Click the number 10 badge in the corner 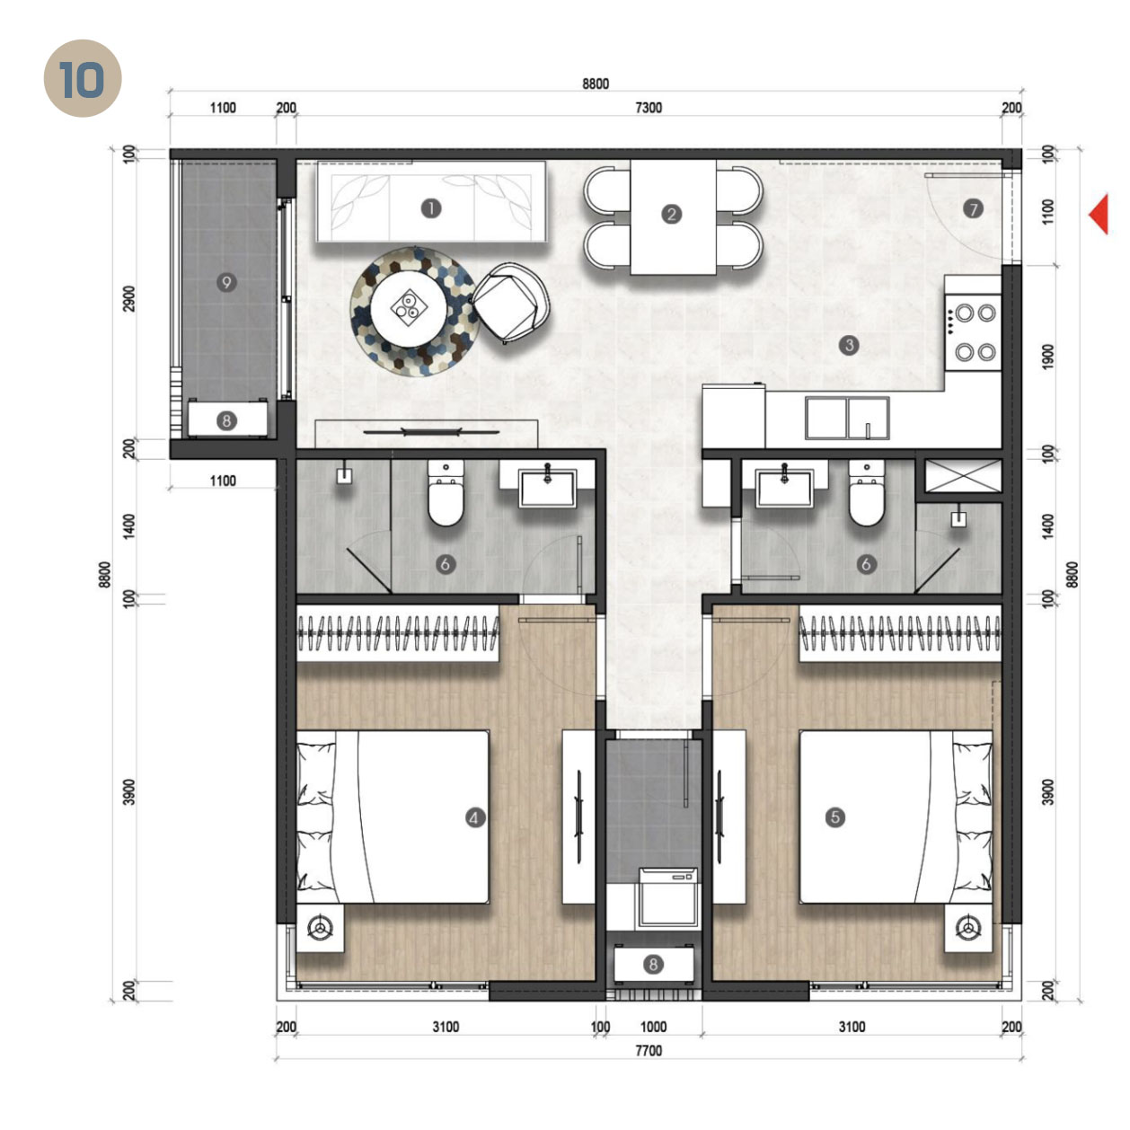82,79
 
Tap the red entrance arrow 1099,215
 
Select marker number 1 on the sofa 431,208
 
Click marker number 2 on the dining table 671,214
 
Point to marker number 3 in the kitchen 848,344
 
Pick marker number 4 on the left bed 474,817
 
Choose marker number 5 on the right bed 835,817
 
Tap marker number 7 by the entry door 973,208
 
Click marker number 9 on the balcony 226,282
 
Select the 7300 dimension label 648,108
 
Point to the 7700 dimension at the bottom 648,1050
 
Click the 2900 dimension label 129,298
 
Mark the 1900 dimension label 1048,356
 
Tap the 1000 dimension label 653,1027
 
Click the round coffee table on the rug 410,308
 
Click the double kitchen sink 846,418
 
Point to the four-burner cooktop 974,331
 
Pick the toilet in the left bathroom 445,495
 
